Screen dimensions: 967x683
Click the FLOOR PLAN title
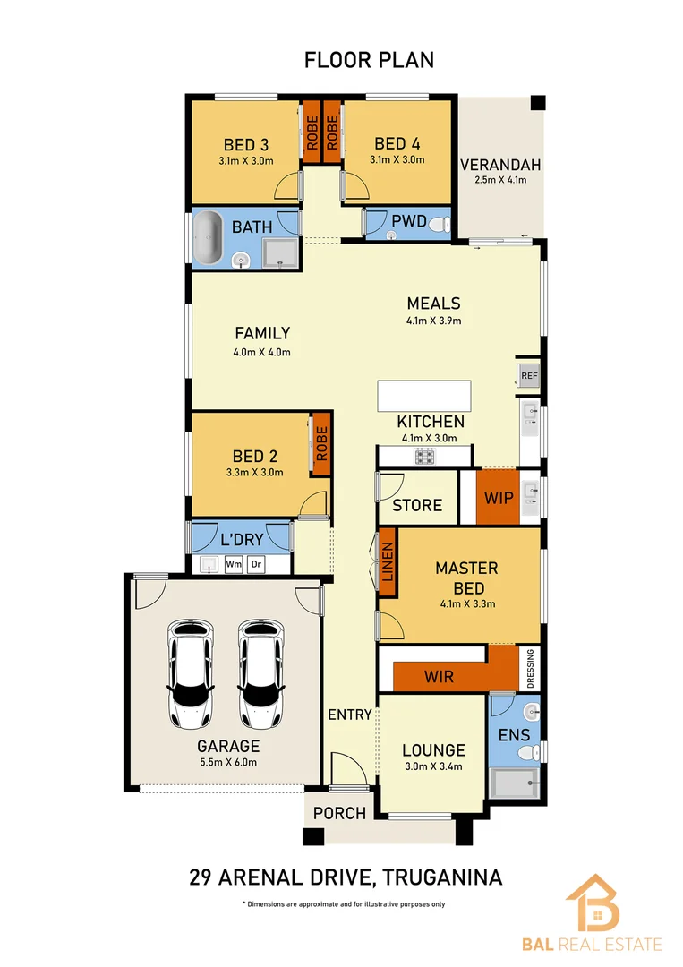(x=369, y=60)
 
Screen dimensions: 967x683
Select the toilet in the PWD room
(x=437, y=227)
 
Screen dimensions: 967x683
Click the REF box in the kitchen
(x=528, y=375)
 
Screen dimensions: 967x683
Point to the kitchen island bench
(x=423, y=395)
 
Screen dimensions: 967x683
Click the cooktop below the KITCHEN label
(x=423, y=457)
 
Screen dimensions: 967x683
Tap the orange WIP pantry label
(x=499, y=496)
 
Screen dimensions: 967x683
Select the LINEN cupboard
(x=388, y=562)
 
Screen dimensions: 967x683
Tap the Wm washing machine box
(x=234, y=564)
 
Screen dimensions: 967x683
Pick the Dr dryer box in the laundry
(x=256, y=564)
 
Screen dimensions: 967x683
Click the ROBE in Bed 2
(x=320, y=442)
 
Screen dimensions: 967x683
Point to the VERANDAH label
(x=500, y=165)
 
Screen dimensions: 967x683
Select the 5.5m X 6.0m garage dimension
(x=228, y=763)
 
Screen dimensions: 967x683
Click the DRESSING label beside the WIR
(x=531, y=668)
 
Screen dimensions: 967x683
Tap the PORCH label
(x=341, y=813)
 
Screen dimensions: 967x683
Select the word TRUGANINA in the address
(x=443, y=876)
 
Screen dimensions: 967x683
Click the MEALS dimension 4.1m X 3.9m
(x=433, y=320)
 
